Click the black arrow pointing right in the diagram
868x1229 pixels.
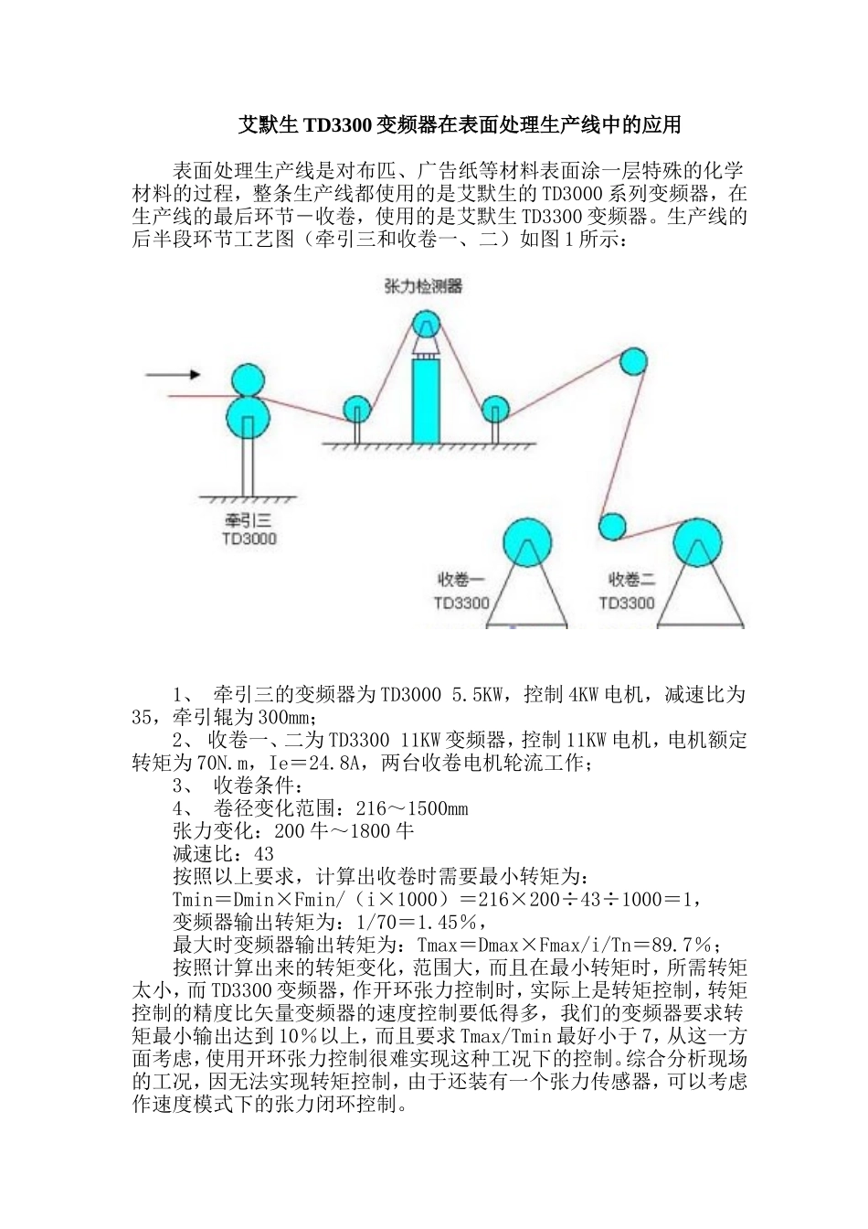[x=173, y=374]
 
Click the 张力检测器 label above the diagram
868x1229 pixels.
[x=422, y=286]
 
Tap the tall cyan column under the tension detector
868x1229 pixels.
[x=425, y=401]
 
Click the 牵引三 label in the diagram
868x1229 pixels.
[x=249, y=520]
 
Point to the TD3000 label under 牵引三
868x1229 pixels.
[x=249, y=539]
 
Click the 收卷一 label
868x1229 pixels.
[x=460, y=579]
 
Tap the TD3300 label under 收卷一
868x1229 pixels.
[x=461, y=603]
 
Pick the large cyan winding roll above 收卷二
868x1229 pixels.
[x=698, y=542]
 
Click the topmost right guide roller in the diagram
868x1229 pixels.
[x=631, y=361]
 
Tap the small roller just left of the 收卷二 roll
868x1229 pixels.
[x=611, y=526]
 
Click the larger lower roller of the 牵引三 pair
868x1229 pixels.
[x=248, y=417]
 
